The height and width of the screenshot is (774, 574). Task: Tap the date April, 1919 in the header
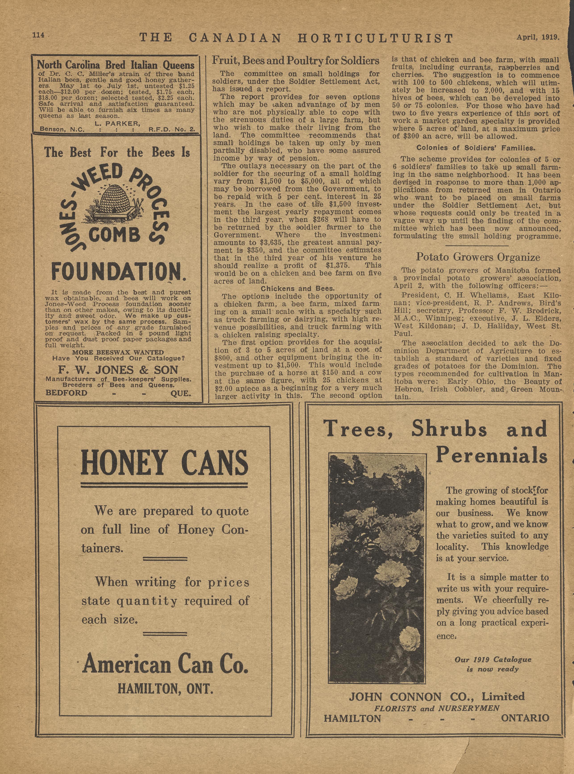[x=537, y=37]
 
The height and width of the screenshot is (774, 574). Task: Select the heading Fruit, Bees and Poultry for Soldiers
[x=296, y=61]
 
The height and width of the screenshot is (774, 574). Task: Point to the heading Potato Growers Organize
[x=478, y=258]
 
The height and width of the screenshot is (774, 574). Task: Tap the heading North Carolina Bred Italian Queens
[x=116, y=65]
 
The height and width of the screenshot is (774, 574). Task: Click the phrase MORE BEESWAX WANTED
[x=118, y=352]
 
